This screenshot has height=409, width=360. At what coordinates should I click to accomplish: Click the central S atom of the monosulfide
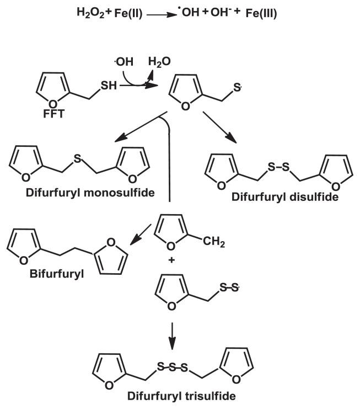click(78, 157)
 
